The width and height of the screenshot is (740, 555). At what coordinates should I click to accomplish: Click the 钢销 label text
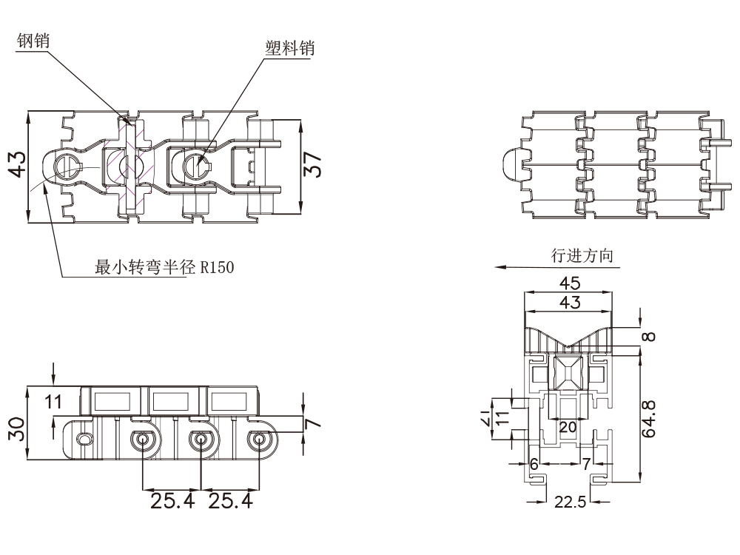coord(33,42)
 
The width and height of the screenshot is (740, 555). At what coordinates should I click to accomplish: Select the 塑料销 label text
coord(289,48)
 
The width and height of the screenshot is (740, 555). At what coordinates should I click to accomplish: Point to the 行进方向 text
coord(582,256)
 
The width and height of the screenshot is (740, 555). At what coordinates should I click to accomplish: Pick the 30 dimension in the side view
coord(17,427)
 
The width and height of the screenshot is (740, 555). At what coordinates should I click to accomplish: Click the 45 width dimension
coord(570,283)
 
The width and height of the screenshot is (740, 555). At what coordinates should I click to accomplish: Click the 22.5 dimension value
coord(570,502)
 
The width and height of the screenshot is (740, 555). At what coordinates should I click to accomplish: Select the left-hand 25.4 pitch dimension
coord(172,502)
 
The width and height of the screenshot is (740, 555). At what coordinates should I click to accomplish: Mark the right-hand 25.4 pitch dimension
coord(230,502)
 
